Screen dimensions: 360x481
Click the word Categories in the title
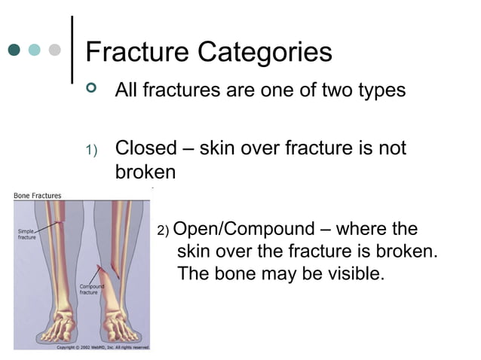265,53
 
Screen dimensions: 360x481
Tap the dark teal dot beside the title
14,50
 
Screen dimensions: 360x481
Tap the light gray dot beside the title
54,50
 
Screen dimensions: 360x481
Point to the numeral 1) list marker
91,151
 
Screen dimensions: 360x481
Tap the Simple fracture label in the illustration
26,233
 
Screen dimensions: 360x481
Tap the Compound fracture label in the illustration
93,290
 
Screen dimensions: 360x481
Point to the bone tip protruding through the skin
101,265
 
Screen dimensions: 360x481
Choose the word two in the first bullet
328,91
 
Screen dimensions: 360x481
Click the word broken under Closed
146,172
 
